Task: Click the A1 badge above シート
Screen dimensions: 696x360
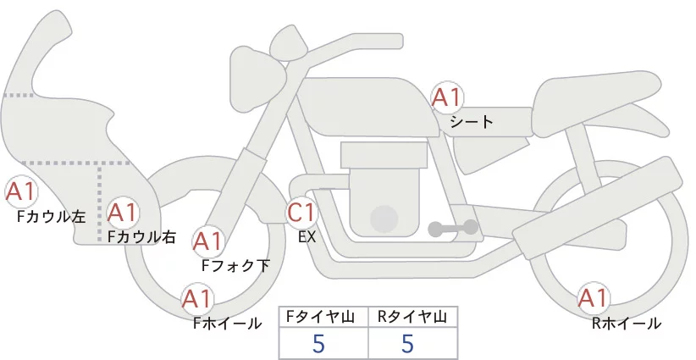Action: click(x=448, y=97)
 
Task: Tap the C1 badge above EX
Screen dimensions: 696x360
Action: click(x=301, y=212)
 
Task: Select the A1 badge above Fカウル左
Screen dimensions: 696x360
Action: click(x=20, y=191)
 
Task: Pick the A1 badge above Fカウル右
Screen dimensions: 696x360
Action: click(x=122, y=213)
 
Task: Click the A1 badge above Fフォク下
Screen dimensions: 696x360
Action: click(x=207, y=241)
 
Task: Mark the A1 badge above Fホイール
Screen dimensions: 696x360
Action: click(x=196, y=299)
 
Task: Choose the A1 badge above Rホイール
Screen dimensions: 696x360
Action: click(x=593, y=298)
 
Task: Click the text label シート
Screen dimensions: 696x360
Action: click(x=472, y=122)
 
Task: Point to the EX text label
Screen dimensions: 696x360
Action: click(x=307, y=237)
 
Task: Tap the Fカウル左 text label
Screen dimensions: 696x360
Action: click(x=52, y=217)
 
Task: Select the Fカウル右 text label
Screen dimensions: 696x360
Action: click(x=142, y=236)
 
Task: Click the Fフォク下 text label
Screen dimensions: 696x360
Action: click(x=235, y=265)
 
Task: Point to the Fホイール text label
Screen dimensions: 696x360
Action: click(x=228, y=324)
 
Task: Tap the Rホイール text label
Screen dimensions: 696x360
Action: click(x=627, y=324)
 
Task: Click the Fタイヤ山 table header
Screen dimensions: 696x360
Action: click(x=320, y=317)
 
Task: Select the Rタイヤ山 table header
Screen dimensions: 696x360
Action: click(x=412, y=317)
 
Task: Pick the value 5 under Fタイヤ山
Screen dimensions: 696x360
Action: click(x=318, y=343)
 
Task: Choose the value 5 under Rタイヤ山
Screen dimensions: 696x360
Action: click(x=407, y=343)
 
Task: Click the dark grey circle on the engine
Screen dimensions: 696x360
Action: click(x=384, y=219)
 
